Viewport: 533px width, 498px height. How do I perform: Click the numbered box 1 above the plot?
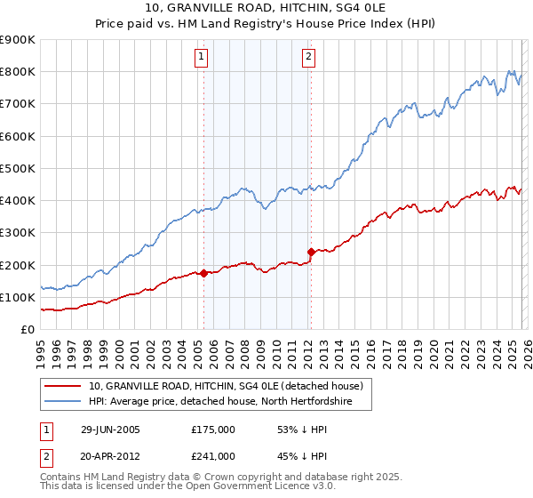click(202, 58)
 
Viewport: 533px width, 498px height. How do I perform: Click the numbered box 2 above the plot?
click(308, 58)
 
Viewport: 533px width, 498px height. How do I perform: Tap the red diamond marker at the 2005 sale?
click(203, 273)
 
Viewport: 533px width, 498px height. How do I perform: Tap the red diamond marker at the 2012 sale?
click(311, 252)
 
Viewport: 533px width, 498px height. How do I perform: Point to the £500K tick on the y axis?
click(18, 168)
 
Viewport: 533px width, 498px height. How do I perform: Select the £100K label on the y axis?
click(18, 297)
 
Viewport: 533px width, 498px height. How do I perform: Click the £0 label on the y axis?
click(27, 330)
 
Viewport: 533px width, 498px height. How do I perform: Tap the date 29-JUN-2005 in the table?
click(110, 430)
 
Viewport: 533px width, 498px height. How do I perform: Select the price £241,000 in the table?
click(213, 456)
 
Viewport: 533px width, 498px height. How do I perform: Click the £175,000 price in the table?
click(213, 430)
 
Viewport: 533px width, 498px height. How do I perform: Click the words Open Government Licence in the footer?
click(222, 487)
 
